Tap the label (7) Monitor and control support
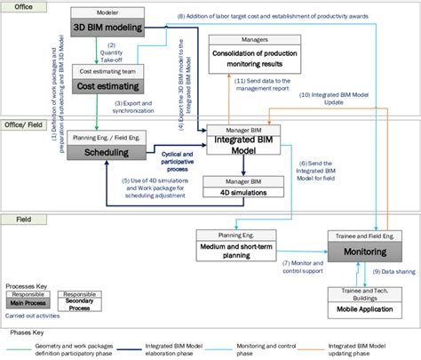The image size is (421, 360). [x=306, y=268]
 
